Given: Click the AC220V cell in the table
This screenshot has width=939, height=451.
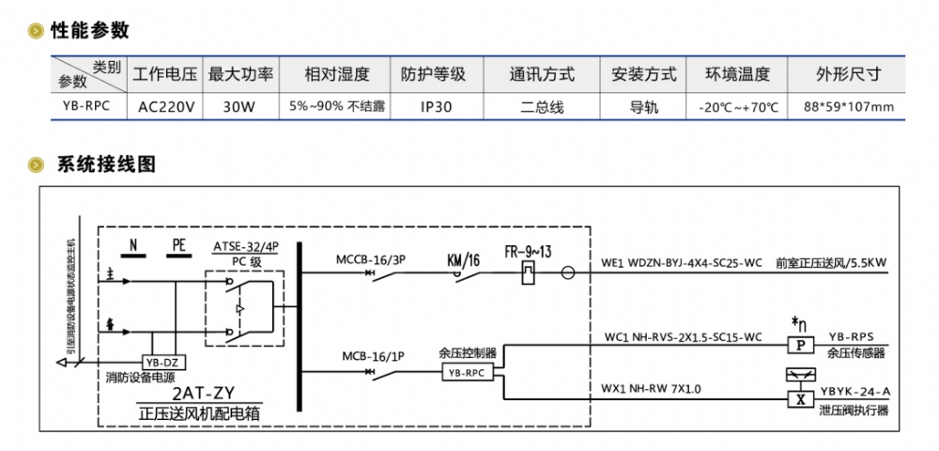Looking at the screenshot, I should point(166,107).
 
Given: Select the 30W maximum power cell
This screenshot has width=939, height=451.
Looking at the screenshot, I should point(239,107).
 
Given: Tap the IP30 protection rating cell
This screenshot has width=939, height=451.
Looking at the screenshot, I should point(432,107).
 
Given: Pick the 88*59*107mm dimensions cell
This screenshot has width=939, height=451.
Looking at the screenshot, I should point(848,107).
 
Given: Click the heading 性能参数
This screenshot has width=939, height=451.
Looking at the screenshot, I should point(90,30).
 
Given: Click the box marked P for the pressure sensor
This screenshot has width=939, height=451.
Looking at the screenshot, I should point(801,347).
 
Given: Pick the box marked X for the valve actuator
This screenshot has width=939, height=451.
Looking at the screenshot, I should point(801,398).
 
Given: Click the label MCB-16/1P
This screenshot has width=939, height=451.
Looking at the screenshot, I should point(373,356).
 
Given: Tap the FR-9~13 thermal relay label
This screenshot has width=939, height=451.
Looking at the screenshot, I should point(531,252).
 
